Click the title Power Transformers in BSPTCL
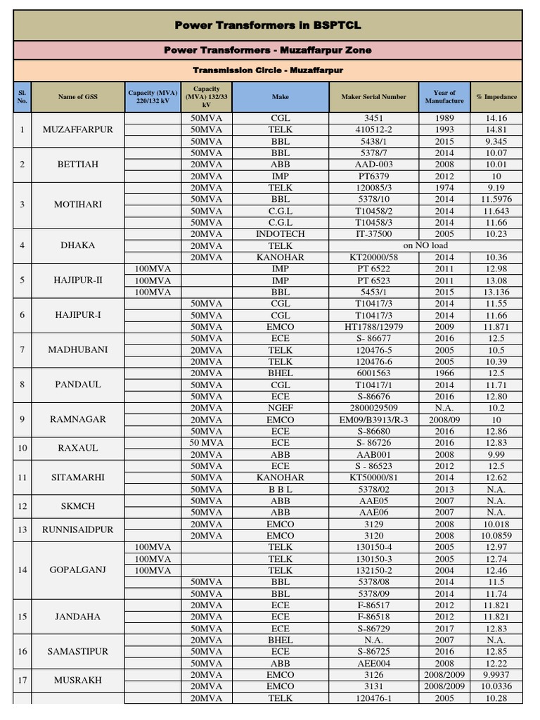click(268, 25)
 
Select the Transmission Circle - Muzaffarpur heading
click(268, 70)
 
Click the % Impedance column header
click(496, 97)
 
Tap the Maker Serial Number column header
click(373, 97)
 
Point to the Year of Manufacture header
click(444, 97)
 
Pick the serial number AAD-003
click(373, 165)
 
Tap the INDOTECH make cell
click(281, 234)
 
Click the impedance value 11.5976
click(496, 199)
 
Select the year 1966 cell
click(444, 373)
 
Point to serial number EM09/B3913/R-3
click(373, 419)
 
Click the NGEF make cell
click(281, 407)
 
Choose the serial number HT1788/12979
click(373, 327)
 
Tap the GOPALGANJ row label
click(77, 570)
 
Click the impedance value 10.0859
click(496, 535)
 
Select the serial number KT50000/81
click(373, 477)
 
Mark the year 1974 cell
click(444, 188)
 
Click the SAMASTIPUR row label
click(77, 651)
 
